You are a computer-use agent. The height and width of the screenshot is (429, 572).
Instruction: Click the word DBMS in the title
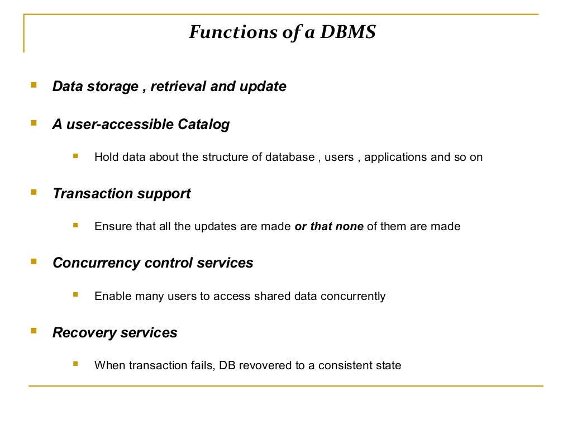[x=348, y=32]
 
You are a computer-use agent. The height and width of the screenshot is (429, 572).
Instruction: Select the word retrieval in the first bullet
[x=178, y=87]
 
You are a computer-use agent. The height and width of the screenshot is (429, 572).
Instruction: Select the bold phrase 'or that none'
[x=329, y=227]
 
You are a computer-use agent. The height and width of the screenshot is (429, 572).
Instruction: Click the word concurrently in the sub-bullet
[x=352, y=296]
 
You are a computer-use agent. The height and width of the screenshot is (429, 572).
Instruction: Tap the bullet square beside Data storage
[x=34, y=86]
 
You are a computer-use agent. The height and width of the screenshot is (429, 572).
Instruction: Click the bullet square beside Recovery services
[x=34, y=331]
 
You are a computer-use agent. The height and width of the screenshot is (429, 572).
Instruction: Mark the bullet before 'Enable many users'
[x=76, y=294]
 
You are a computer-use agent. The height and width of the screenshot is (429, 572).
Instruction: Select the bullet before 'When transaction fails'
[x=76, y=364]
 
